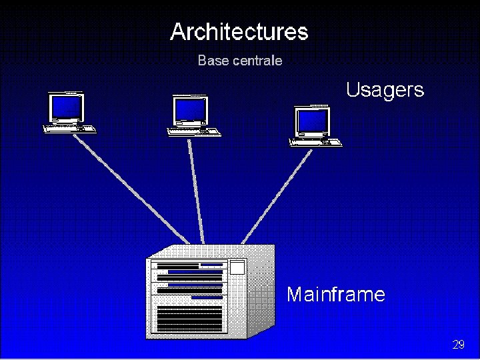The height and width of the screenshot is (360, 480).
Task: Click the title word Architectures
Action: point(239,31)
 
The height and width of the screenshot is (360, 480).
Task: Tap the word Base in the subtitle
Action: point(213,61)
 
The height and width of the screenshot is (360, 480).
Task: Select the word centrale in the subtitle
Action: point(257,61)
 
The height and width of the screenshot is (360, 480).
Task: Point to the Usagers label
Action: point(385,90)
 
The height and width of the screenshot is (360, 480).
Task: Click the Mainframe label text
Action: point(335,294)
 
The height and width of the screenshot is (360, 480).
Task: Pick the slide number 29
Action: point(458,345)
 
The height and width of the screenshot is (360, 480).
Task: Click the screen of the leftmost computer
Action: point(67,106)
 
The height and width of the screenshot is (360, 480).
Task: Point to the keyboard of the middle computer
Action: point(194,131)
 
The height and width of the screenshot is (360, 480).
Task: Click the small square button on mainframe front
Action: point(237,267)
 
